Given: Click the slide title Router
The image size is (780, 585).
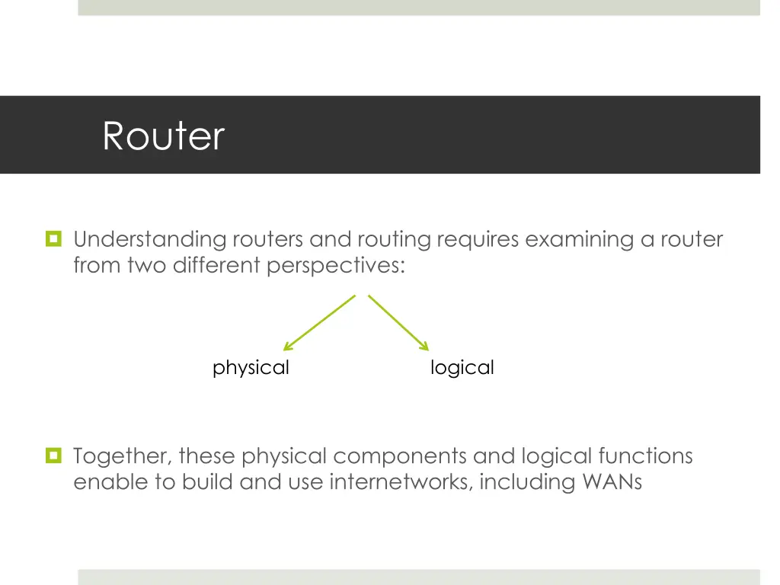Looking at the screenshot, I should pyautogui.click(x=163, y=136).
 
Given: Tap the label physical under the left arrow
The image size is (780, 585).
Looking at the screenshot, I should pyautogui.click(x=251, y=368).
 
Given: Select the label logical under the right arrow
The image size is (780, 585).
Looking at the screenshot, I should pyautogui.click(x=462, y=368).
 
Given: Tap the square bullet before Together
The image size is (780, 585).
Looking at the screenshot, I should pyautogui.click(x=53, y=456).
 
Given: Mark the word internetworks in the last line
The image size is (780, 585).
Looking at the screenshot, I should pyautogui.click(x=401, y=482).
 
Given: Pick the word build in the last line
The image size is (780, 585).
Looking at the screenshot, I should pyautogui.click(x=208, y=482).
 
